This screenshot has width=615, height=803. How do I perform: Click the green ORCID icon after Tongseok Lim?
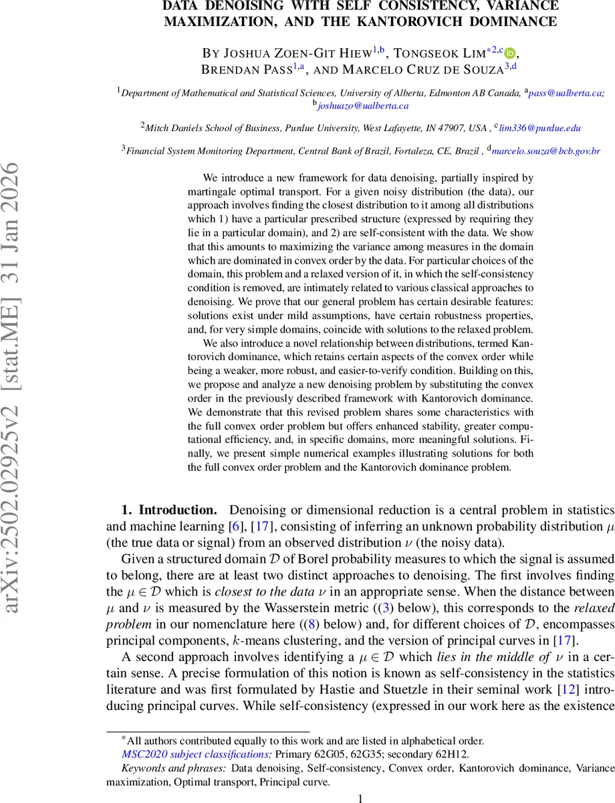[x=510, y=54]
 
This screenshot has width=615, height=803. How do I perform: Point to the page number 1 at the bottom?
[x=361, y=798]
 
